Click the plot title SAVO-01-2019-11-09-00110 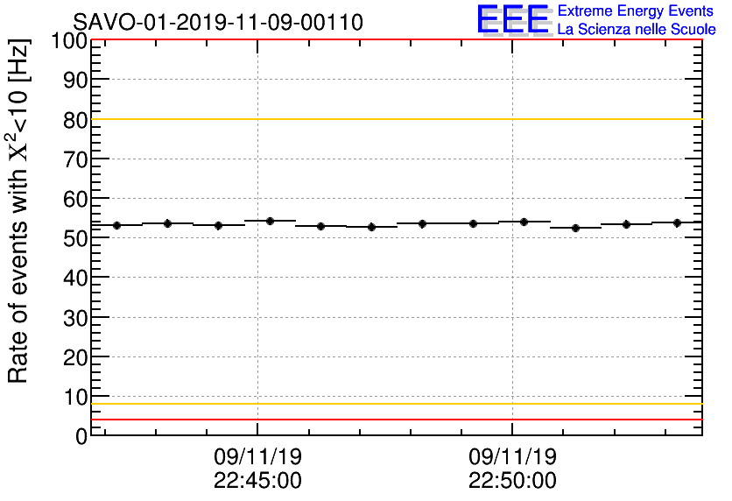218,22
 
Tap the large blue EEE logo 513,19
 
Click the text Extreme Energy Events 637,11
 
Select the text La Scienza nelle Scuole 637,29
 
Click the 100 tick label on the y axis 69,41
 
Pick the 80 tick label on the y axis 75,120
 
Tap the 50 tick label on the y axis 75,238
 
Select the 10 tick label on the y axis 75,397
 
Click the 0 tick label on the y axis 81,436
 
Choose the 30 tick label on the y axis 75,318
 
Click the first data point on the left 116,225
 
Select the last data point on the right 677,222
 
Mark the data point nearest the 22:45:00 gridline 270,221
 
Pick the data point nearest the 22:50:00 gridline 524,222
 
